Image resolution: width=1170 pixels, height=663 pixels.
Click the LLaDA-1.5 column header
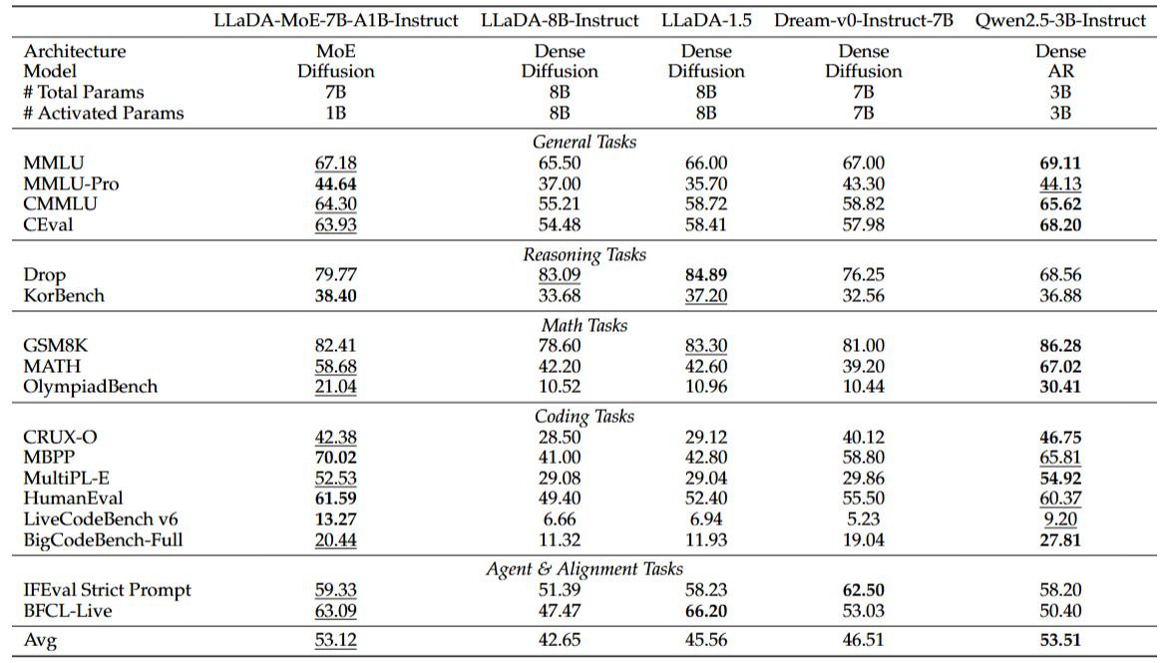[706, 20]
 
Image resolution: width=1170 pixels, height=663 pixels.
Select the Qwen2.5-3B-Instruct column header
[1060, 20]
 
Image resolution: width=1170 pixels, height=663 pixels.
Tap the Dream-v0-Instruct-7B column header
[864, 20]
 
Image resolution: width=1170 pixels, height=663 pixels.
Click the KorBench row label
[64, 295]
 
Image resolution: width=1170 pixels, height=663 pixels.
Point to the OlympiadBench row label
[91, 387]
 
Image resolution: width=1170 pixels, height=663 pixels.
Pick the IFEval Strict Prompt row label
[108, 590]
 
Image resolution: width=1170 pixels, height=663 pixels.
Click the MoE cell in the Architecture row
[335, 51]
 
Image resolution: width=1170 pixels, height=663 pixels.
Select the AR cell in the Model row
[1060, 72]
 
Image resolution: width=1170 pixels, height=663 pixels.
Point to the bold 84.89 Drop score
[706, 274]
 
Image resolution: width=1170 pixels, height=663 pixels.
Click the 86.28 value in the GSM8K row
[1060, 346]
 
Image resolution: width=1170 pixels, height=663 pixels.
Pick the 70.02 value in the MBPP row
[335, 458]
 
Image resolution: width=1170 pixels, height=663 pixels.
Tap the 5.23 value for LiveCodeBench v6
[864, 519]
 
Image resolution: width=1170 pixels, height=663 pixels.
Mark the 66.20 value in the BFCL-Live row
[706, 610]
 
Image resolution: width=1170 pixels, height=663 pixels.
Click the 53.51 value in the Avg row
[1060, 640]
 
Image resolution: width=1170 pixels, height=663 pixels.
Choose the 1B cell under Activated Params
[335, 113]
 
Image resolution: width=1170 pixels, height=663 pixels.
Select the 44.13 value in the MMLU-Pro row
[1060, 183]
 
